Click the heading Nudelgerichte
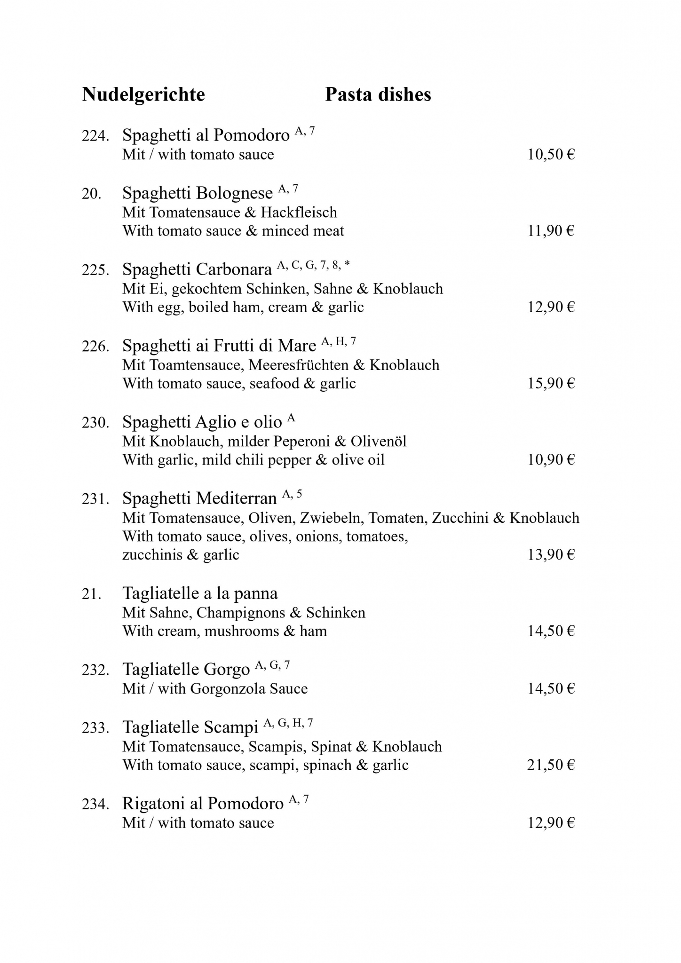click(x=143, y=95)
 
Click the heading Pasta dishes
click(x=378, y=95)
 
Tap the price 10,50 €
click(x=551, y=155)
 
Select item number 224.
click(x=95, y=136)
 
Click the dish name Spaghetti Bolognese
click(x=198, y=193)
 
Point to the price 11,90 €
click(x=551, y=231)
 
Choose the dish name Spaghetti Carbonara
click(x=197, y=269)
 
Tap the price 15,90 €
click(x=551, y=384)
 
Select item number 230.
click(x=95, y=423)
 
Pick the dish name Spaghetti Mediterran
click(x=199, y=498)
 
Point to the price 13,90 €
click(x=551, y=555)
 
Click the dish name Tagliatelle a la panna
click(x=200, y=593)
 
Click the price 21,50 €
click(x=551, y=765)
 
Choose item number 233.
click(x=95, y=728)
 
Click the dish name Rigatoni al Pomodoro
click(x=203, y=804)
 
